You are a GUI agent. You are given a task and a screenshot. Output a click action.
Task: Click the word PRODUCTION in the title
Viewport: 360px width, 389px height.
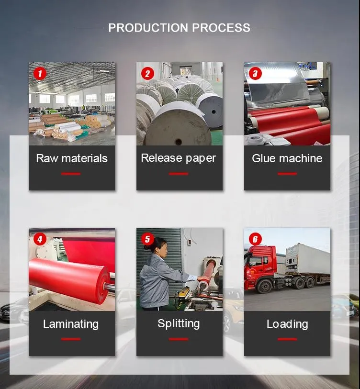click(x=148, y=28)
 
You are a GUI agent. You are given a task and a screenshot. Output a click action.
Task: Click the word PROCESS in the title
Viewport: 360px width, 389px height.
click(x=221, y=28)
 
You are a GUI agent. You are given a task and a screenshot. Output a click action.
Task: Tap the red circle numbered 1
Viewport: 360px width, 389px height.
click(x=40, y=74)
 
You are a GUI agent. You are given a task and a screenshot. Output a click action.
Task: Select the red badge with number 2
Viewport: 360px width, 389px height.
click(x=147, y=74)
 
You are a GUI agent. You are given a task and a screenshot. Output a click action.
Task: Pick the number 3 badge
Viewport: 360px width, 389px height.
click(x=255, y=74)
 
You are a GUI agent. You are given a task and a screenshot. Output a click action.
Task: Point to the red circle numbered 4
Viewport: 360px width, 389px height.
click(x=40, y=239)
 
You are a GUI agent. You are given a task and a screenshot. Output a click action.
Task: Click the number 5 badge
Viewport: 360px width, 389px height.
click(x=147, y=239)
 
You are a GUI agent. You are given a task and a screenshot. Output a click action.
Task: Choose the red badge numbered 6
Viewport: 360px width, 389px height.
click(x=255, y=239)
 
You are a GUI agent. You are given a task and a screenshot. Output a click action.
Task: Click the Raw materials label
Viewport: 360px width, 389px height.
click(x=72, y=158)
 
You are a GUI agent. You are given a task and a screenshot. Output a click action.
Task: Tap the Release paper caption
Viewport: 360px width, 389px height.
click(x=179, y=158)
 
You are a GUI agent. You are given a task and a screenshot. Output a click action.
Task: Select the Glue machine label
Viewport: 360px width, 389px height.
click(x=287, y=158)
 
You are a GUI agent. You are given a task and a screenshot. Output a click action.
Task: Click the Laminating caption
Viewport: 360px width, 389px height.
click(x=71, y=324)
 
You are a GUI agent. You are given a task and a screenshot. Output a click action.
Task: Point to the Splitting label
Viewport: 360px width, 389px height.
click(x=179, y=324)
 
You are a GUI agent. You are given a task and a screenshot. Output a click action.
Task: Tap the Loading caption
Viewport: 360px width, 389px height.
click(x=287, y=324)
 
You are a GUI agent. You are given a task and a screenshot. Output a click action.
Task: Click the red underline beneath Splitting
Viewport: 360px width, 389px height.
click(x=179, y=339)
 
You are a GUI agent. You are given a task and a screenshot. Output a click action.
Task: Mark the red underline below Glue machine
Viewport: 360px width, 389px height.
click(x=287, y=174)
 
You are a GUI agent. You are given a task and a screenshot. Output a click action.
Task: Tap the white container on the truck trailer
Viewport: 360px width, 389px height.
click(x=307, y=259)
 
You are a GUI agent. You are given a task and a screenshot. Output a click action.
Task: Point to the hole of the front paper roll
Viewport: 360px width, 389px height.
click(x=178, y=142)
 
